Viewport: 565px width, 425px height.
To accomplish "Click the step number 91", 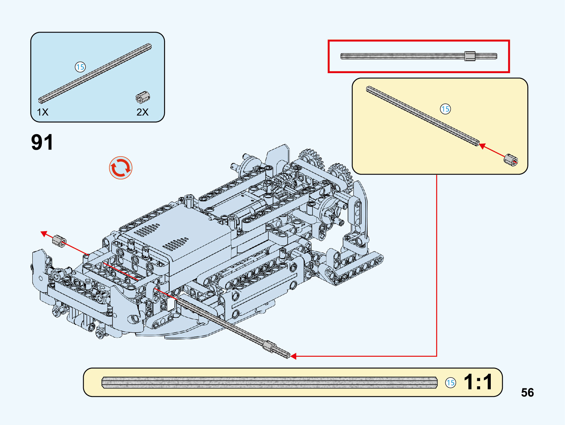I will click(42, 142).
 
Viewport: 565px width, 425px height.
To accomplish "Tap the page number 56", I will click(527, 392).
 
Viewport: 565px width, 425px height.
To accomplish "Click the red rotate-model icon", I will click(121, 168).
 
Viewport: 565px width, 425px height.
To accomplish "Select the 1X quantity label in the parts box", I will click(43, 112).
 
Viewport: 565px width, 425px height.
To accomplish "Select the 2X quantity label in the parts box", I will click(142, 112).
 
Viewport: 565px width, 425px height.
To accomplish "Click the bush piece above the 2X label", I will click(143, 97).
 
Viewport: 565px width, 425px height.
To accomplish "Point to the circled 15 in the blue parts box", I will click(80, 67).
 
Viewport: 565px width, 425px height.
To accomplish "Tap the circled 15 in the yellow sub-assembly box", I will click(445, 109).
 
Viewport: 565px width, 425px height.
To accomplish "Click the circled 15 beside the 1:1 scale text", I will click(451, 382).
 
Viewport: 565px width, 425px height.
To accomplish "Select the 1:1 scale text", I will click(478, 382).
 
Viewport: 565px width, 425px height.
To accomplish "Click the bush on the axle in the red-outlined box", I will click(470, 56).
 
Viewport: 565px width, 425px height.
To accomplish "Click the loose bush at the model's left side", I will click(59, 241).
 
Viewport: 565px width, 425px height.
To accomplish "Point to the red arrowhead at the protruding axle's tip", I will click(293, 356).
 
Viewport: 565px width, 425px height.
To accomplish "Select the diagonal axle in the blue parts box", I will click(95, 73).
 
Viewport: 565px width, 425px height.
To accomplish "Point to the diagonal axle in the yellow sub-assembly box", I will click(423, 116).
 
